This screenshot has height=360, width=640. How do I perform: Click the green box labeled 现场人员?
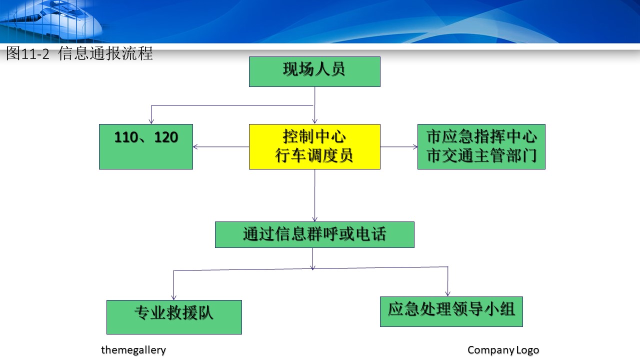point(314,71)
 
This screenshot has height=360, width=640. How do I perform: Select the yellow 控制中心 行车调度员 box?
point(314,146)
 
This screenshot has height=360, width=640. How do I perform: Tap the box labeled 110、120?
point(146,146)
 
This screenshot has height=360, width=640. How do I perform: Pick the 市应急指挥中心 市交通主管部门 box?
point(481,146)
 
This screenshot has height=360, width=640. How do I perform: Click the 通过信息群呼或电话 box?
point(314,234)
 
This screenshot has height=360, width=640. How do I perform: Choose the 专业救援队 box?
point(174,317)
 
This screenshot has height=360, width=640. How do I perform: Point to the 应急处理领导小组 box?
point(451,311)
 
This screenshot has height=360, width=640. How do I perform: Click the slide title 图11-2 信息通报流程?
point(79,53)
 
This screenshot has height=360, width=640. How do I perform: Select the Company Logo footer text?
point(503,350)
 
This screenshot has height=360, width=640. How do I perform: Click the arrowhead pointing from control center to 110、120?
point(195,147)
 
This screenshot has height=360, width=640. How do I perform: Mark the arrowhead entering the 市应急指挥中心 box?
point(415,147)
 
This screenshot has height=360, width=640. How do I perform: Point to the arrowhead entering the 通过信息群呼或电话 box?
point(315,219)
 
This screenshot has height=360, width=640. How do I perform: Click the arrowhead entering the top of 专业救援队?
point(173,297)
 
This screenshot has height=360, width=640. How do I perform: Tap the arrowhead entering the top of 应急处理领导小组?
point(447,293)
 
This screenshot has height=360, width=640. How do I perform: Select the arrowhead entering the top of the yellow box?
point(315,121)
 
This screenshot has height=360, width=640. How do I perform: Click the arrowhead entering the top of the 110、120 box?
point(151,121)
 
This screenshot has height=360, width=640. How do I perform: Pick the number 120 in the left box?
point(166,137)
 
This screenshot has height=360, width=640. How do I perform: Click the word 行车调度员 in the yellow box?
point(314,155)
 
